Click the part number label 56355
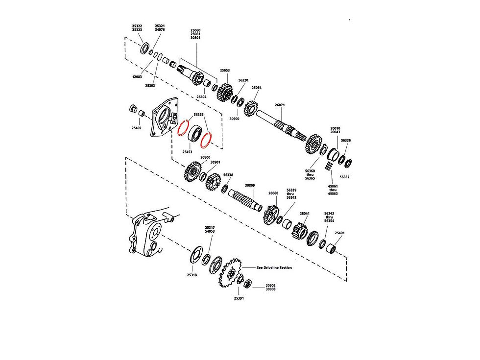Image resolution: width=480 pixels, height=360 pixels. point(198,114)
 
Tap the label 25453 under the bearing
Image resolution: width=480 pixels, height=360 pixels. point(187,152)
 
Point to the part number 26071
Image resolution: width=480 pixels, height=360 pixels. point(279,105)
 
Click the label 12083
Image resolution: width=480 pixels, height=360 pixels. point(137,76)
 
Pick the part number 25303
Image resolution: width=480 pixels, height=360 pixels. point(150,86)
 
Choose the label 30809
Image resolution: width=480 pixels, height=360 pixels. point(250,186)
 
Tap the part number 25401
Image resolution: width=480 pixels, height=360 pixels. point(339,233)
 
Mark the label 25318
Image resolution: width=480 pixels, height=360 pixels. point(192,275)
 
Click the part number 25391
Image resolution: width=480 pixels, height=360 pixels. point(239,298)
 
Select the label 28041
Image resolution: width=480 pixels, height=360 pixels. point(305,214)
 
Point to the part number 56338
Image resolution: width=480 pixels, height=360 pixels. point(228,175)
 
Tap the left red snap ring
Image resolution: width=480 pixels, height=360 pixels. point(184,128)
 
